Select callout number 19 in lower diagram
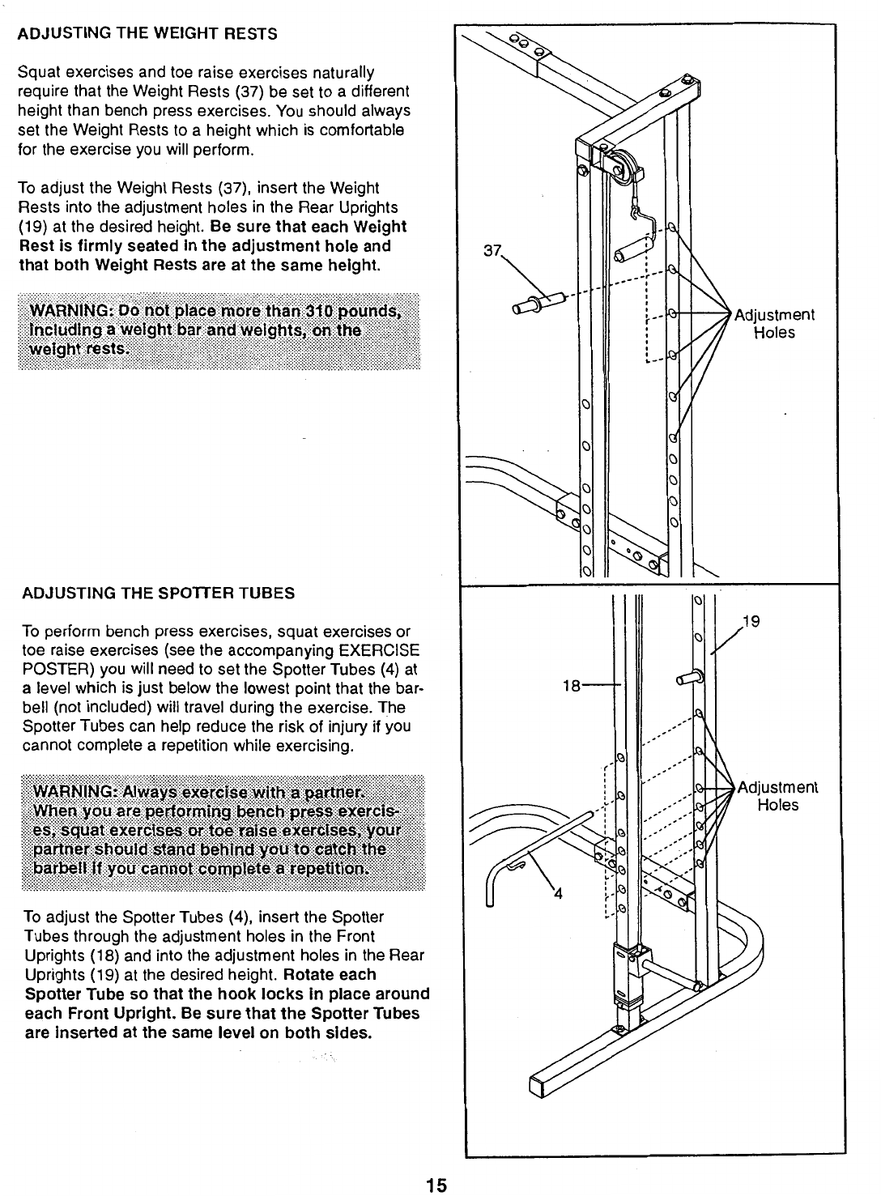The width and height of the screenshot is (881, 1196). coord(752,623)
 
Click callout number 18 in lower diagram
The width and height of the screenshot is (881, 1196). coord(572,686)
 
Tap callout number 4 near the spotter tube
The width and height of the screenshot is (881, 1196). coord(557,894)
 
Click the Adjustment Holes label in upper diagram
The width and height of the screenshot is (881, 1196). coord(773,324)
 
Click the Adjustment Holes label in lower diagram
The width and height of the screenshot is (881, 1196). coord(778,796)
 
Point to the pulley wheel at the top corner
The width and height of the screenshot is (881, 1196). coord(623,168)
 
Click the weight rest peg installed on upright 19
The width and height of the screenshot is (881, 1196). coord(689,676)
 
